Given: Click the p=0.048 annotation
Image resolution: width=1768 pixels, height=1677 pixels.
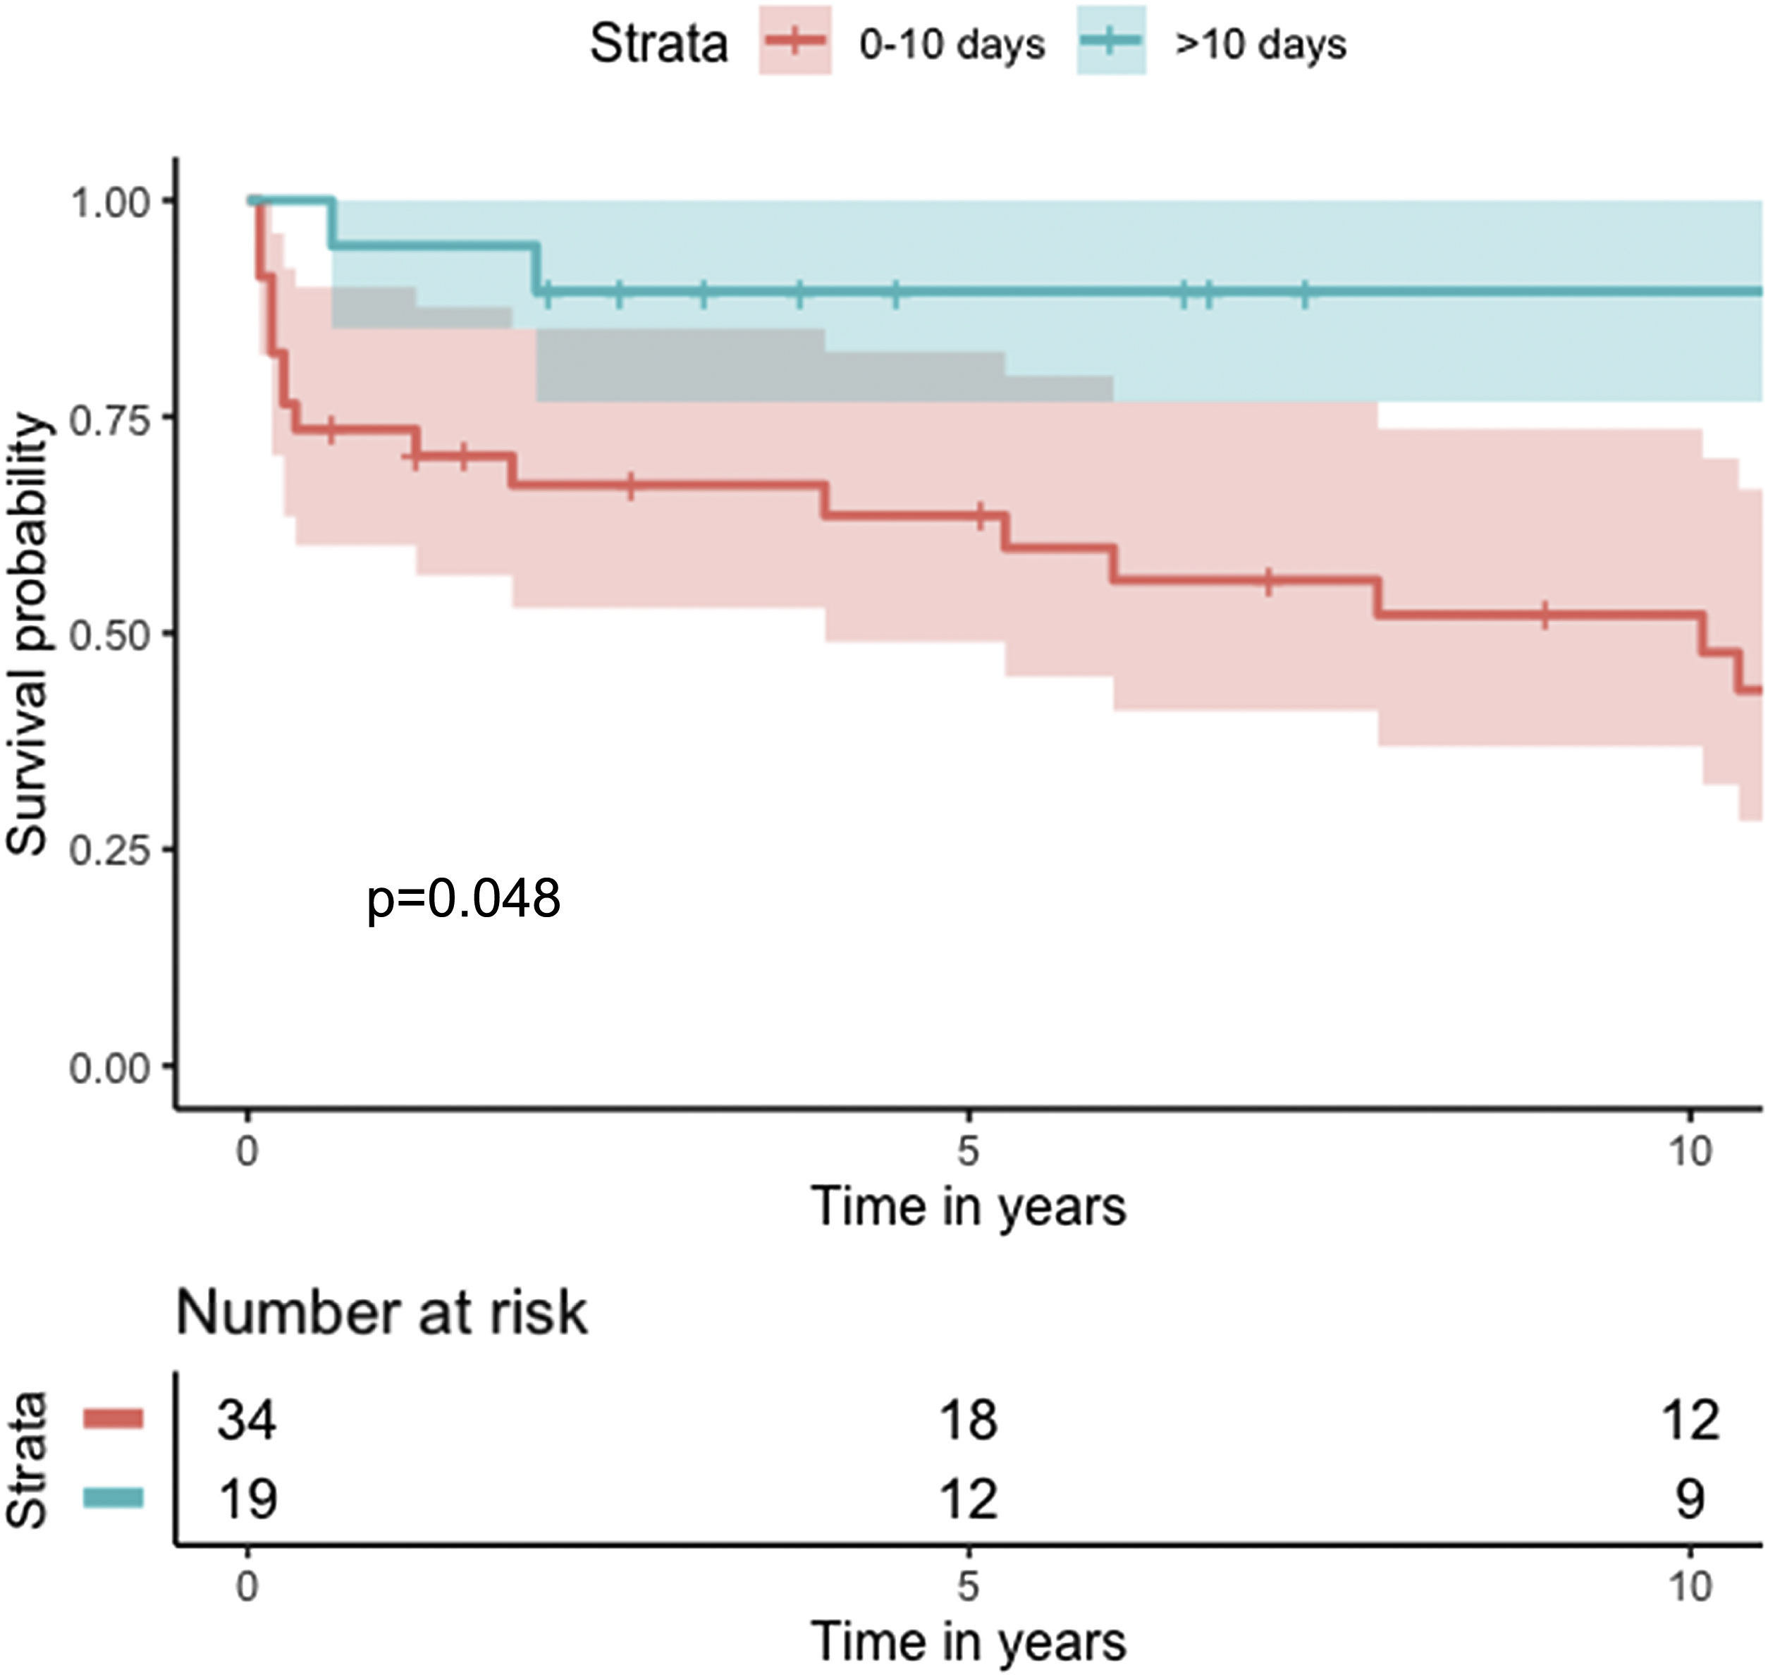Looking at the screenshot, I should pyautogui.click(x=463, y=898).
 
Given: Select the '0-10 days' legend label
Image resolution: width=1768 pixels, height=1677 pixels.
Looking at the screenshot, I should pyautogui.click(x=952, y=44).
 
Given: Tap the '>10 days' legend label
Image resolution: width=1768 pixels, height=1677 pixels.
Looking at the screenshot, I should pyautogui.click(x=1260, y=44).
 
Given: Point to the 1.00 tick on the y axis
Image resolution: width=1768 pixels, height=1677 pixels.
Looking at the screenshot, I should pyautogui.click(x=109, y=202).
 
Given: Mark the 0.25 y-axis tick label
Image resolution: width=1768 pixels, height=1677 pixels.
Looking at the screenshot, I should pyautogui.click(x=109, y=851).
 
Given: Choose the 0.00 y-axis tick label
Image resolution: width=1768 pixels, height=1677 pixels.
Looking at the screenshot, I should pyautogui.click(x=109, y=1067).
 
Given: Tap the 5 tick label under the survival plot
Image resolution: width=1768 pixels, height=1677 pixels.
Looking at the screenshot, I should pyautogui.click(x=969, y=1151).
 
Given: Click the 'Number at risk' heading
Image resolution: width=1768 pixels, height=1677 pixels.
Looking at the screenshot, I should pyautogui.click(x=381, y=1313).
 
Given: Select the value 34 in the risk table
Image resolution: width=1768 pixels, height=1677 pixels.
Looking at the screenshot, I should pyautogui.click(x=247, y=1420).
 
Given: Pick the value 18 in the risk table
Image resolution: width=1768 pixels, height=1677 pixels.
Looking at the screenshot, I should pyautogui.click(x=969, y=1420).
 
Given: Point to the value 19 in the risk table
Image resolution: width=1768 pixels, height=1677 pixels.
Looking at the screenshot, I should pyautogui.click(x=247, y=1499).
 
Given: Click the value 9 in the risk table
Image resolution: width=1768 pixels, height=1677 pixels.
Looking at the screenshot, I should pyautogui.click(x=1689, y=1499).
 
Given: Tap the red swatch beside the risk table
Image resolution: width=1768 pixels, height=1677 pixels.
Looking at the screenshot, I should pyautogui.click(x=113, y=1419).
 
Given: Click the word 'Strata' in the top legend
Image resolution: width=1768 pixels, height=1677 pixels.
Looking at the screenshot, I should pyautogui.click(x=658, y=43).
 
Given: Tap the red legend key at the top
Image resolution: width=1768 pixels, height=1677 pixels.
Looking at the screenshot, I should pyautogui.click(x=795, y=41).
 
